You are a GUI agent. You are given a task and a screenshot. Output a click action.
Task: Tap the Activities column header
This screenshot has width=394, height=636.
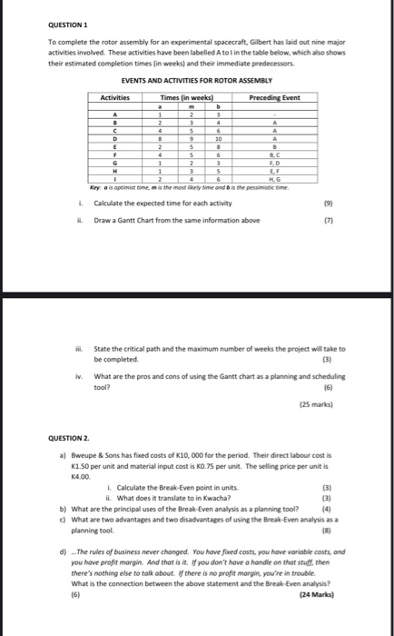tap(115, 96)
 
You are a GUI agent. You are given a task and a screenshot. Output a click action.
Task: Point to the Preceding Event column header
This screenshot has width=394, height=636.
tap(274, 96)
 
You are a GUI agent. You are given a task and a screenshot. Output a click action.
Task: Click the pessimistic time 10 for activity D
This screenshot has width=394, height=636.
tap(215, 140)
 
